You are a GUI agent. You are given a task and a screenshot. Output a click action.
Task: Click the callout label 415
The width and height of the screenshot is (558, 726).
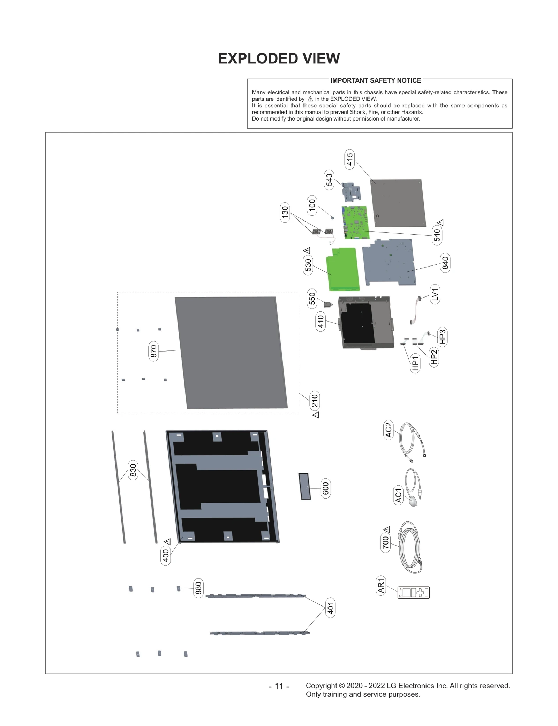pyautogui.click(x=349, y=160)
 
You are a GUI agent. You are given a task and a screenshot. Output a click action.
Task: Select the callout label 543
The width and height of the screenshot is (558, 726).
pyautogui.click(x=329, y=180)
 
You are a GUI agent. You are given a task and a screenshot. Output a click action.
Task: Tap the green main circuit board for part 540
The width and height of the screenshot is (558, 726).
pyautogui.click(x=355, y=222)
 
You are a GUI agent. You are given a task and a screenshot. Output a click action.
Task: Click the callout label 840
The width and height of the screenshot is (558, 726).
pyautogui.click(x=445, y=263)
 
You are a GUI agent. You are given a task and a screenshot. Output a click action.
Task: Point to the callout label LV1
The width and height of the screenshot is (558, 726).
pyautogui.click(x=435, y=294)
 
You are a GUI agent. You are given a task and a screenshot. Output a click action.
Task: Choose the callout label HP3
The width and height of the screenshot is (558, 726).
pyautogui.click(x=442, y=337)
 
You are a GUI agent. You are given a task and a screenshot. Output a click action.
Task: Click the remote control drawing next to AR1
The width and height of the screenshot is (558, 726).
pyautogui.click(x=414, y=593)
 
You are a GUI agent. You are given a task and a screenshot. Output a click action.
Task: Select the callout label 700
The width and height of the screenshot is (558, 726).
pyautogui.click(x=385, y=542)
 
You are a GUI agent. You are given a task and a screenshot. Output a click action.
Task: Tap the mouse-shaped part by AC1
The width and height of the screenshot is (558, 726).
pyautogui.click(x=413, y=501)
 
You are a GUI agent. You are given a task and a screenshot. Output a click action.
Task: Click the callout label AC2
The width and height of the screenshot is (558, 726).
pyautogui.click(x=388, y=430)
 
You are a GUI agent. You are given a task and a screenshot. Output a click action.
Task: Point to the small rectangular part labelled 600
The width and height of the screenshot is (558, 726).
pyautogui.click(x=305, y=486)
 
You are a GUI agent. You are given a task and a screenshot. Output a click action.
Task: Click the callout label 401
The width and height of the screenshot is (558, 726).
pyautogui.click(x=330, y=608)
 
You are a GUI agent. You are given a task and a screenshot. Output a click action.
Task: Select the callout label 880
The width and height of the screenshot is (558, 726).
pyautogui.click(x=198, y=588)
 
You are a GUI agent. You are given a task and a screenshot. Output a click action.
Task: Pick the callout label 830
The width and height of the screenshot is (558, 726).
pyautogui.click(x=133, y=470)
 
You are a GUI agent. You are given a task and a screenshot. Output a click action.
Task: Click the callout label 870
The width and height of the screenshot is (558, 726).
pyautogui.click(x=153, y=351)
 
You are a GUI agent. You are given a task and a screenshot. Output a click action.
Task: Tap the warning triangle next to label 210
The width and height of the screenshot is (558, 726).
pyautogui.click(x=316, y=415)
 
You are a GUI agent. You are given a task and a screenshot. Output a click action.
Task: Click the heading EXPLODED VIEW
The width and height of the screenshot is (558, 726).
pyautogui.click(x=279, y=59)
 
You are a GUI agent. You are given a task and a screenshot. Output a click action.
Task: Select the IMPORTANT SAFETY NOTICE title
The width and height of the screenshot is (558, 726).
pyautogui.click(x=376, y=80)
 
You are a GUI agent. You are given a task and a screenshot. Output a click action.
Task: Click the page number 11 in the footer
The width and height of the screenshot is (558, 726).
pyautogui.click(x=279, y=686)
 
